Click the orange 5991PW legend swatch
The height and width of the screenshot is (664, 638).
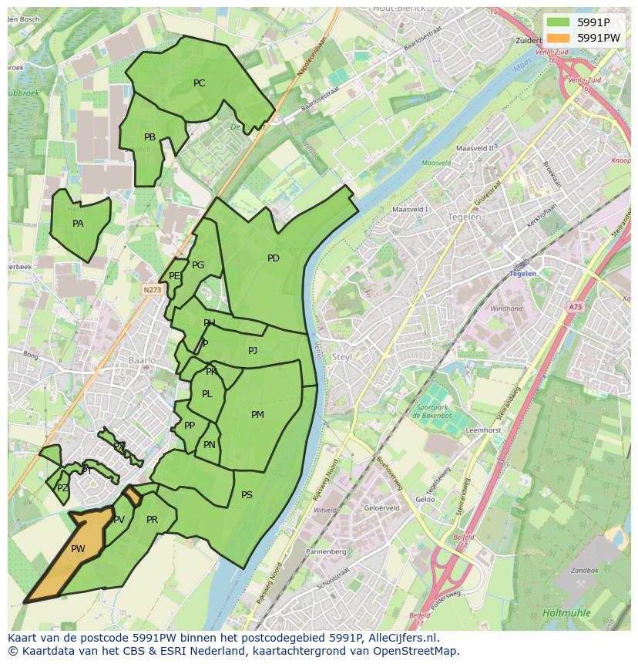click(x=560, y=38)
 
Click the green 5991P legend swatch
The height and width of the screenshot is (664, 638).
click(x=560, y=22)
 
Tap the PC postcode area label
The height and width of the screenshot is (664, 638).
click(x=199, y=83)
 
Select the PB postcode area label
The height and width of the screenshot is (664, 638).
click(x=149, y=137)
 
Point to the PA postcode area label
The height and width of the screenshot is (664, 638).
click(x=78, y=224)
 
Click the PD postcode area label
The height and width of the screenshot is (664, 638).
click(x=273, y=258)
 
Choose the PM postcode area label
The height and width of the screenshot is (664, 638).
click(x=257, y=415)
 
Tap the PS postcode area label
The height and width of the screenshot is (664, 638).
click(x=247, y=495)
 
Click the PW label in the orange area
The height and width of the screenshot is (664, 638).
click(x=78, y=549)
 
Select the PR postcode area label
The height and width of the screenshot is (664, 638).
click(x=152, y=520)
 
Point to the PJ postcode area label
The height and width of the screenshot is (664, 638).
click(x=253, y=351)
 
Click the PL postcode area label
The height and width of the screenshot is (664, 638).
click(x=207, y=394)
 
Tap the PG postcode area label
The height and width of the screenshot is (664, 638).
click(x=198, y=265)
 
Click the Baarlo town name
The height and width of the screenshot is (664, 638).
click(x=143, y=360)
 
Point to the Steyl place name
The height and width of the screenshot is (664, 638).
click(x=341, y=357)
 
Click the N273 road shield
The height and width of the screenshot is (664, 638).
click(x=151, y=290)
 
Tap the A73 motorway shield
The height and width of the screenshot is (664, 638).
click(x=575, y=307)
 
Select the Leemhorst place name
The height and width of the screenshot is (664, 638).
click(x=484, y=430)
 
